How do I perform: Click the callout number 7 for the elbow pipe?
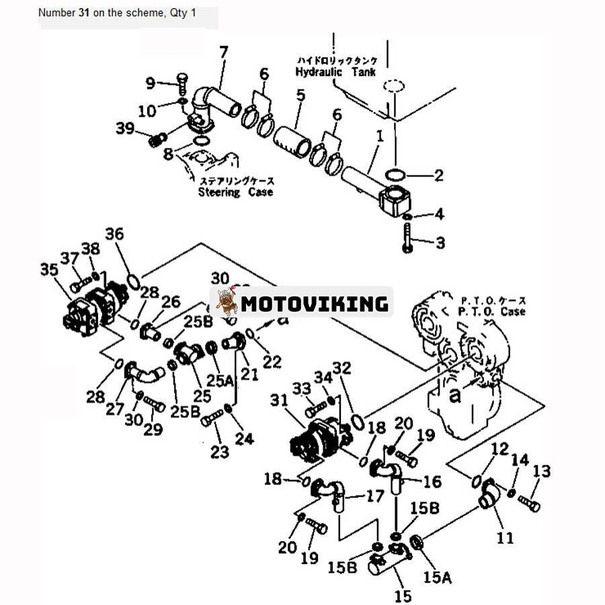click(x=223, y=51)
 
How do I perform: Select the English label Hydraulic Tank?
click(x=335, y=72)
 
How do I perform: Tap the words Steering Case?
click(x=235, y=192)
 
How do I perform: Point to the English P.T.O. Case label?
click(x=493, y=311)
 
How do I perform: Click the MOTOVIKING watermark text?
click(x=315, y=304)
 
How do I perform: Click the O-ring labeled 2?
click(x=396, y=176)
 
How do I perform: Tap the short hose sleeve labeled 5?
click(x=293, y=141)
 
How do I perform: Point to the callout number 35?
click(x=48, y=270)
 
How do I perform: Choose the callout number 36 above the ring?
click(x=114, y=234)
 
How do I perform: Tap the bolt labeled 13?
click(x=530, y=501)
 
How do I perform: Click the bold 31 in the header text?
click(x=85, y=13)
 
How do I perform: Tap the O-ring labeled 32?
click(x=358, y=421)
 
